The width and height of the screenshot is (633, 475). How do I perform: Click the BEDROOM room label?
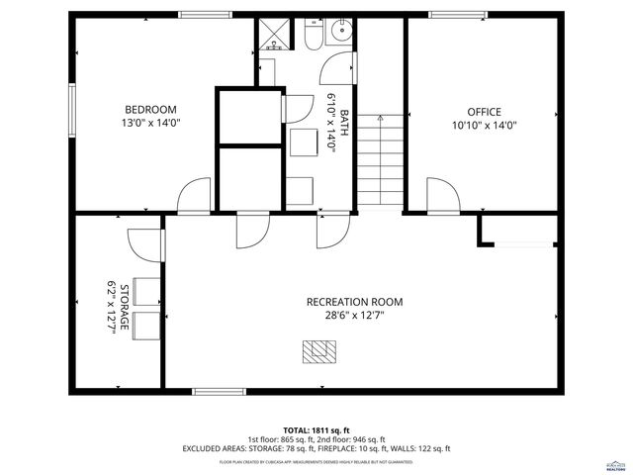tap(150, 110)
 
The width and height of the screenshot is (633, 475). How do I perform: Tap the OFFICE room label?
tap(485, 112)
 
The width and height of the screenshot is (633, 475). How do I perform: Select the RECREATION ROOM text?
tap(354, 302)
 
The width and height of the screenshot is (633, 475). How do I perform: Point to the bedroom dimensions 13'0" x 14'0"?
tap(150, 124)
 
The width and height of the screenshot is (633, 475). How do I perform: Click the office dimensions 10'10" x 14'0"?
tap(485, 126)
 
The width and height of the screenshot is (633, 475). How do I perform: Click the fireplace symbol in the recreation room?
tap(318, 348)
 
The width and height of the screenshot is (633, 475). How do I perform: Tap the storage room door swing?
tap(148, 243)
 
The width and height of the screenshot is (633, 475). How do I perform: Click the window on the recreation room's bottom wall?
tap(219, 391)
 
